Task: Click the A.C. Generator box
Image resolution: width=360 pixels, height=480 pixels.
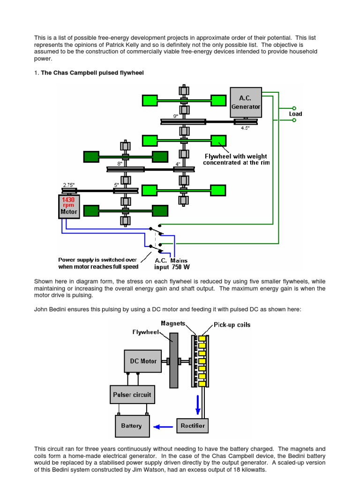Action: pos(246,102)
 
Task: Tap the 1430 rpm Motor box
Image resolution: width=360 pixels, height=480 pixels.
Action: pos(68,206)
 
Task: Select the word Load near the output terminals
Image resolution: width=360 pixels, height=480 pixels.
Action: pos(295,114)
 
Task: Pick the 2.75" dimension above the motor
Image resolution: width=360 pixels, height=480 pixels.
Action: pos(69,185)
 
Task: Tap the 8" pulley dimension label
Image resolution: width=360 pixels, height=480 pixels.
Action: pos(120,164)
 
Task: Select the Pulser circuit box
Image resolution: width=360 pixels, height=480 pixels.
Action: pos(132,395)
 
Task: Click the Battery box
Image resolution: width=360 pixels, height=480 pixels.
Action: pos(131,426)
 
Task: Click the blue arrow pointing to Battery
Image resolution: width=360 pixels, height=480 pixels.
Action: pos(164,426)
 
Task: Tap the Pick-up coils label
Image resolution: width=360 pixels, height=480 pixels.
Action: pos(232,324)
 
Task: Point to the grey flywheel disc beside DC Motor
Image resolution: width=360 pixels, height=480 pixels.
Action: pos(173,360)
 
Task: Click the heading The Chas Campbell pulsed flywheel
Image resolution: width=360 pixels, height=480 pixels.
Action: pos(92,73)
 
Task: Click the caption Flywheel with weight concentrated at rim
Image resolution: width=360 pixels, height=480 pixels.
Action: pos(237,159)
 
